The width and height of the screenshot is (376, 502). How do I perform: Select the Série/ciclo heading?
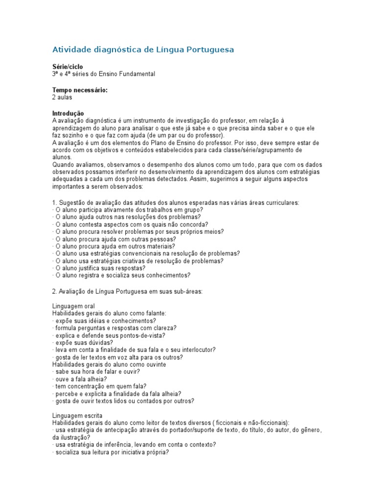coord(68,66)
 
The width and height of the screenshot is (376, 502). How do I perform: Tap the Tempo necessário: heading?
coord(80,90)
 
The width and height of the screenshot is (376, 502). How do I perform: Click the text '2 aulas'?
coord(62,98)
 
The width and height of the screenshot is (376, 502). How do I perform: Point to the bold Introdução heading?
coord(68,113)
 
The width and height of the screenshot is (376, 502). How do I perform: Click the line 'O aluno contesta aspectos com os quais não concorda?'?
coord(127,224)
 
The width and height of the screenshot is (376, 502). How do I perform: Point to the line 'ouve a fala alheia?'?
coord(80,379)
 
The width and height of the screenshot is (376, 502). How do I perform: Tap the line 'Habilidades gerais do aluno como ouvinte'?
coord(109,364)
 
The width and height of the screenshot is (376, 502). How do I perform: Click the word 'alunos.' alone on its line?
coord(62,157)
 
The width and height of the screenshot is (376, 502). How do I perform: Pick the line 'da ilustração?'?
coord(71,437)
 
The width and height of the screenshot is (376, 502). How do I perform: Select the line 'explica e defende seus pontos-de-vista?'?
coord(109,335)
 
